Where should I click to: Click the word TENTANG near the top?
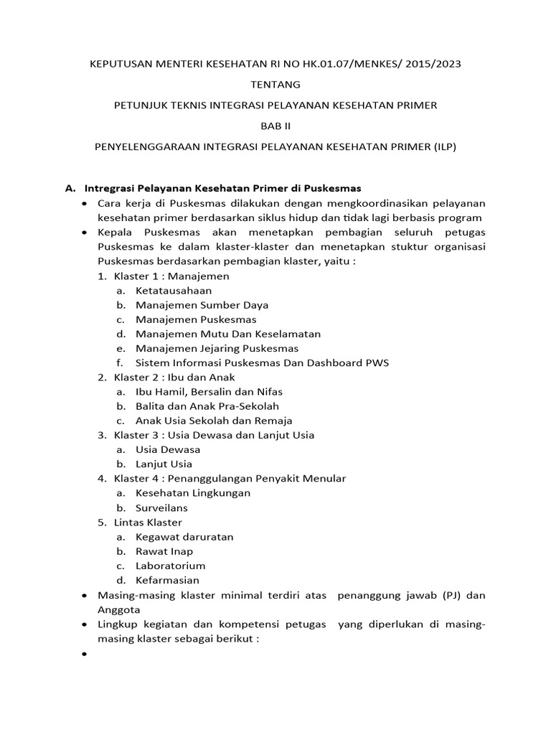(x=275, y=85)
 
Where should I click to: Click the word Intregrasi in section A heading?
(x=110, y=189)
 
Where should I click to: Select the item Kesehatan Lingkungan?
(x=192, y=493)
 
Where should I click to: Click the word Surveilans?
(x=161, y=507)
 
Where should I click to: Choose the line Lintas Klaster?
(x=148, y=522)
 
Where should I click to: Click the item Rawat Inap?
(x=164, y=551)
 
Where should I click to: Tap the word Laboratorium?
(x=170, y=566)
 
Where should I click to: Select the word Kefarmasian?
(x=167, y=580)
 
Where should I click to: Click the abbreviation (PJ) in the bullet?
(x=450, y=595)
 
